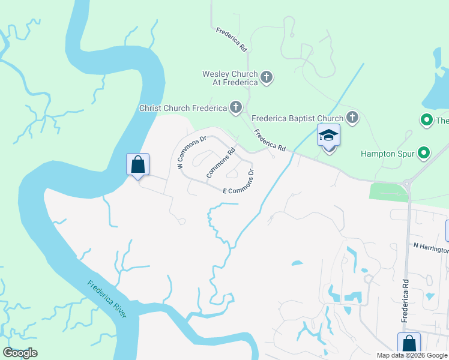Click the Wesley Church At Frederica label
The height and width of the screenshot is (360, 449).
pos(230,78)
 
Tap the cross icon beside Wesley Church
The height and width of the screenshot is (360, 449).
pos(267,77)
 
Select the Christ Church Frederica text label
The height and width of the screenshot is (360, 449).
pos(182,109)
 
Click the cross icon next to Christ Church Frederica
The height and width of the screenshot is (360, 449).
pos(236,108)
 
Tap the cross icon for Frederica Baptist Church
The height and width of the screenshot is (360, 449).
pos(352,118)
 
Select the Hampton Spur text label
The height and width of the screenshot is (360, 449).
pos(388,154)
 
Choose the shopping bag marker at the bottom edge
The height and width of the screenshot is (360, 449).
pos(409,344)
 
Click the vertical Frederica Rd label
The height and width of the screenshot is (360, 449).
pos(406,301)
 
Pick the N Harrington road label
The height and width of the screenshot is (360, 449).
pos(431,248)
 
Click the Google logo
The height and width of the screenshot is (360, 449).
pos(20,353)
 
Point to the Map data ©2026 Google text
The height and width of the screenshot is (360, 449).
pos(411,355)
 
